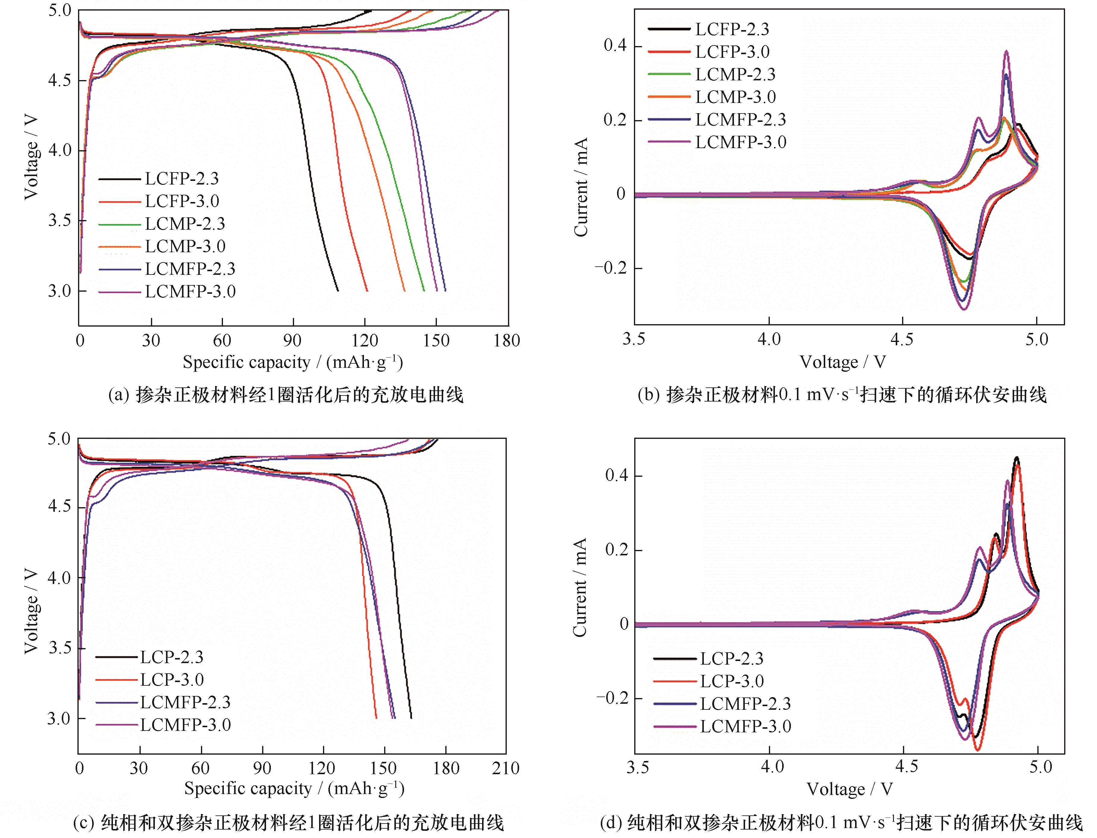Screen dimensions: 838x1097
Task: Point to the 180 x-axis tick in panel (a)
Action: click(507, 341)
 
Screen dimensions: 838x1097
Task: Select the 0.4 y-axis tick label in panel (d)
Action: click(617, 475)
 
